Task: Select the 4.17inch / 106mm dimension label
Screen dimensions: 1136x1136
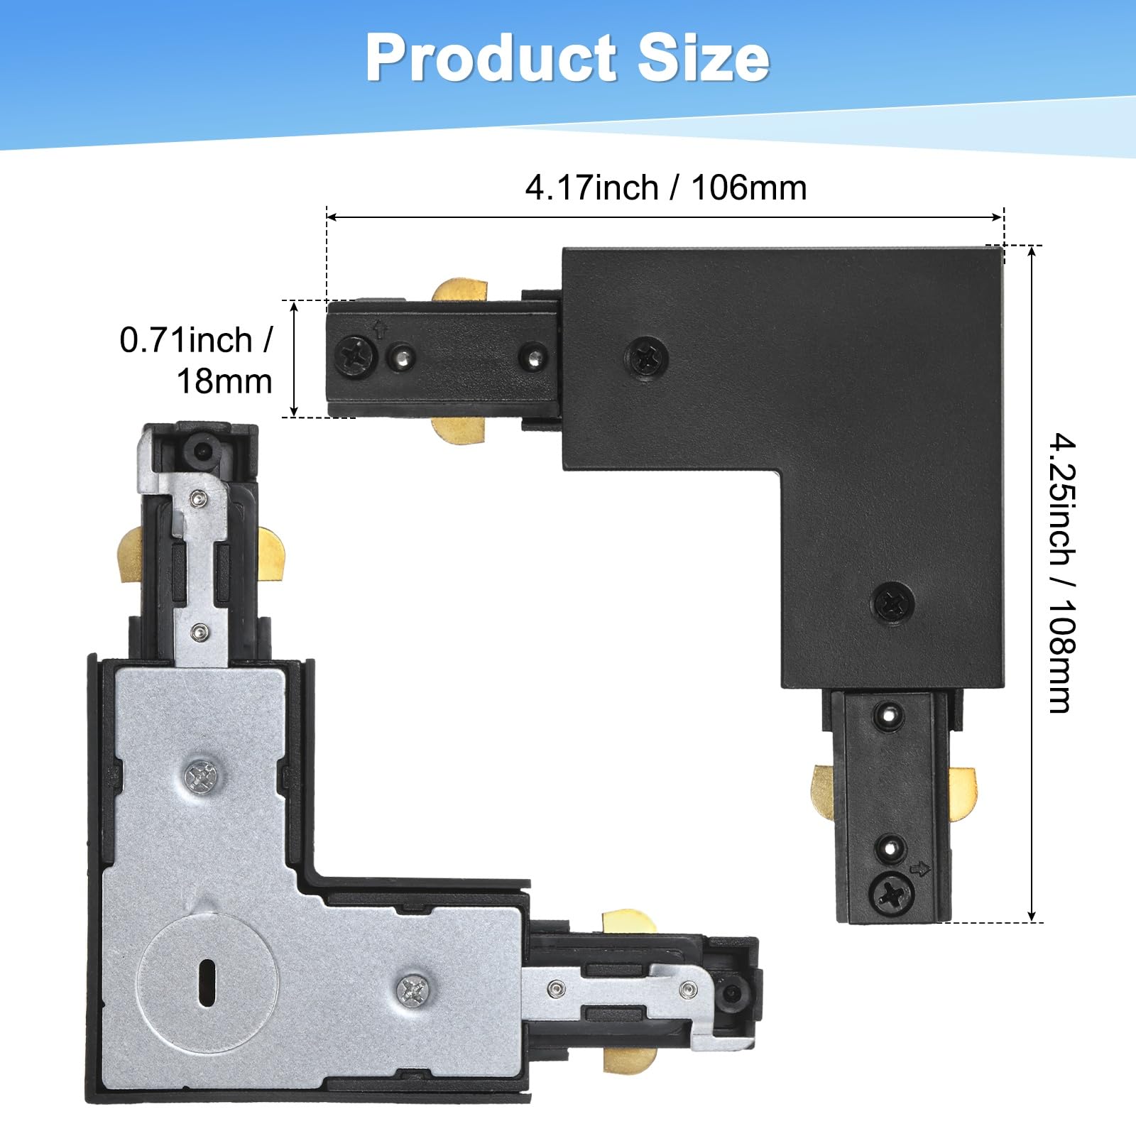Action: (666, 188)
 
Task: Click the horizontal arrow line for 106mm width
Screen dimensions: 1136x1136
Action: (665, 217)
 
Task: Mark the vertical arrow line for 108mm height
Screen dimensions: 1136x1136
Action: (1032, 584)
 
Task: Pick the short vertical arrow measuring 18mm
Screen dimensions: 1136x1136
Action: (294, 359)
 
